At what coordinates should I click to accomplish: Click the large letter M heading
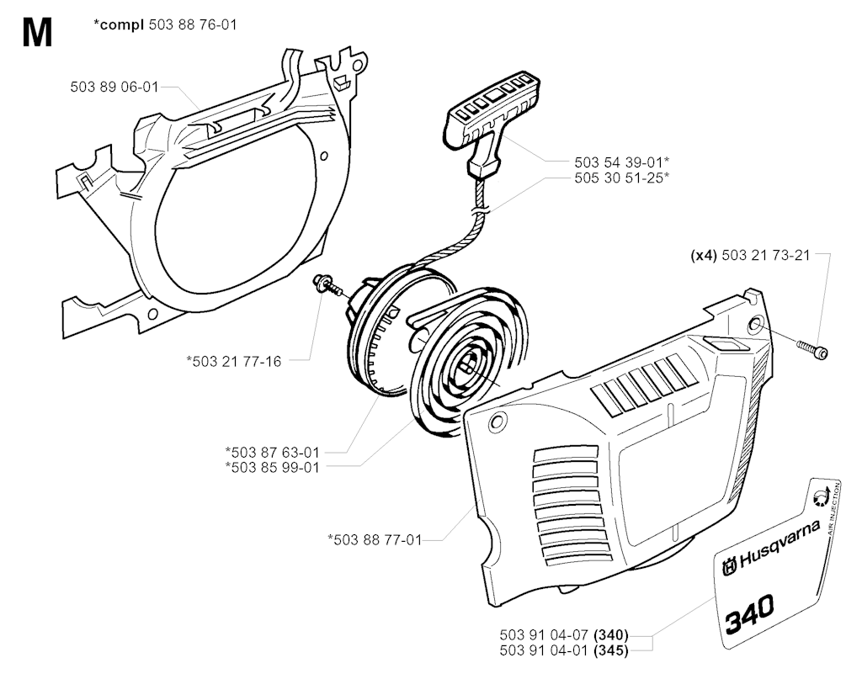tap(37, 33)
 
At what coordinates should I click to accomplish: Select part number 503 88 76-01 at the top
tap(193, 24)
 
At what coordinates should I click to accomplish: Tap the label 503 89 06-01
tap(114, 87)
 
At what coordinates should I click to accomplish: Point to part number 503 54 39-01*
tap(622, 162)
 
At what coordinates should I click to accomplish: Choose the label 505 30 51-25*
tap(622, 178)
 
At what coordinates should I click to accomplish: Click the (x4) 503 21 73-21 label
tap(750, 256)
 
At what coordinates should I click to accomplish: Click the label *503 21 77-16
tap(234, 362)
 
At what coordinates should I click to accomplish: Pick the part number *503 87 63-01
tap(273, 452)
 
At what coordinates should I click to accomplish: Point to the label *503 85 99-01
tap(273, 467)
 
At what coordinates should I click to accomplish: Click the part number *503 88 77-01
tap(375, 540)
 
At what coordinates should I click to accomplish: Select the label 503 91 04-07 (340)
tap(564, 635)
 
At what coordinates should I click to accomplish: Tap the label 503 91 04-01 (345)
tap(564, 650)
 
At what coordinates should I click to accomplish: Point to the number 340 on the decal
tap(749, 613)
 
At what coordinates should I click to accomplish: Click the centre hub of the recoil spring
tap(469, 363)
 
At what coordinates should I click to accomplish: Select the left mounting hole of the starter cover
tap(498, 422)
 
